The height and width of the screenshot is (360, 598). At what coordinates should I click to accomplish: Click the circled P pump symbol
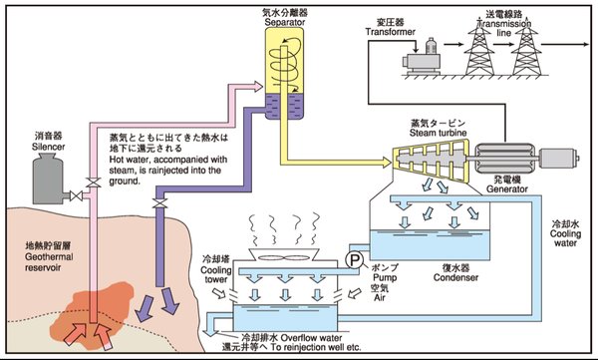tap(355, 260)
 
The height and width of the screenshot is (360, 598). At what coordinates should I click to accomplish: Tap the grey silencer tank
tap(48, 179)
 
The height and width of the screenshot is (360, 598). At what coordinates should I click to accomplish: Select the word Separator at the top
tap(285, 22)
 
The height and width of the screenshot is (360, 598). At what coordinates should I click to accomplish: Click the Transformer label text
tap(390, 32)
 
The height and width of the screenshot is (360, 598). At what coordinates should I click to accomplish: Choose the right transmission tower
tap(526, 50)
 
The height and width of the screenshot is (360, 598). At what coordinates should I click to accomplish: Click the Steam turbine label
tap(439, 133)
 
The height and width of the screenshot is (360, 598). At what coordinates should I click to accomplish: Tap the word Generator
tap(507, 188)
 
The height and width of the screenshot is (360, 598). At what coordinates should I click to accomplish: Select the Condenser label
tap(455, 277)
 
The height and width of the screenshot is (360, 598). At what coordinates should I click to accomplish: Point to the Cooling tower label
tap(216, 274)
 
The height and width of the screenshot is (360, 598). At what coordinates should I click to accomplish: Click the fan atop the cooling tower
tap(283, 258)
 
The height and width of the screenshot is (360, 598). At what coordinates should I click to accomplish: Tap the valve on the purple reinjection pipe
tap(159, 203)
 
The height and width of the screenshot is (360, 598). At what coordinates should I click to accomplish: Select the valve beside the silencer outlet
tap(77, 195)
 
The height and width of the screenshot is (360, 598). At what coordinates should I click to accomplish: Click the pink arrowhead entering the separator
tap(257, 87)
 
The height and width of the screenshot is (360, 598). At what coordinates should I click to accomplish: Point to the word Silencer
tap(48, 147)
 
